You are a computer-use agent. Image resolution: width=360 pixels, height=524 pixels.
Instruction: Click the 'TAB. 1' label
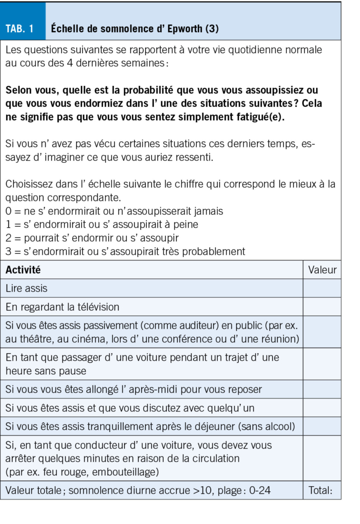tap(19, 29)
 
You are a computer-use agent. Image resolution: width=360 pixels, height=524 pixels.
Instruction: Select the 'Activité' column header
tap(23, 270)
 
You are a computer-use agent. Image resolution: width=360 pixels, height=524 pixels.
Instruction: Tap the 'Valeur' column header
tap(322, 270)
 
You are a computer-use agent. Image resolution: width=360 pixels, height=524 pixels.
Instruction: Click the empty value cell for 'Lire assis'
tap(322, 288)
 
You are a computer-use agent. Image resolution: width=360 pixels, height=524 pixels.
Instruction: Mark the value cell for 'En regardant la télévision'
tap(322, 307)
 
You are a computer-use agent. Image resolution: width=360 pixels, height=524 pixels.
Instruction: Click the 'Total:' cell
tap(321, 490)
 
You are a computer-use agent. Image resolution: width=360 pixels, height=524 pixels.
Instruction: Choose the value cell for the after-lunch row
tap(322, 426)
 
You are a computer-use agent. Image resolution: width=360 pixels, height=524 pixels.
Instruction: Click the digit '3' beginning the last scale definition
tap(8, 251)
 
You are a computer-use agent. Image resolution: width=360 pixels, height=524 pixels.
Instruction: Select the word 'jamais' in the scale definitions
tap(209, 211)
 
